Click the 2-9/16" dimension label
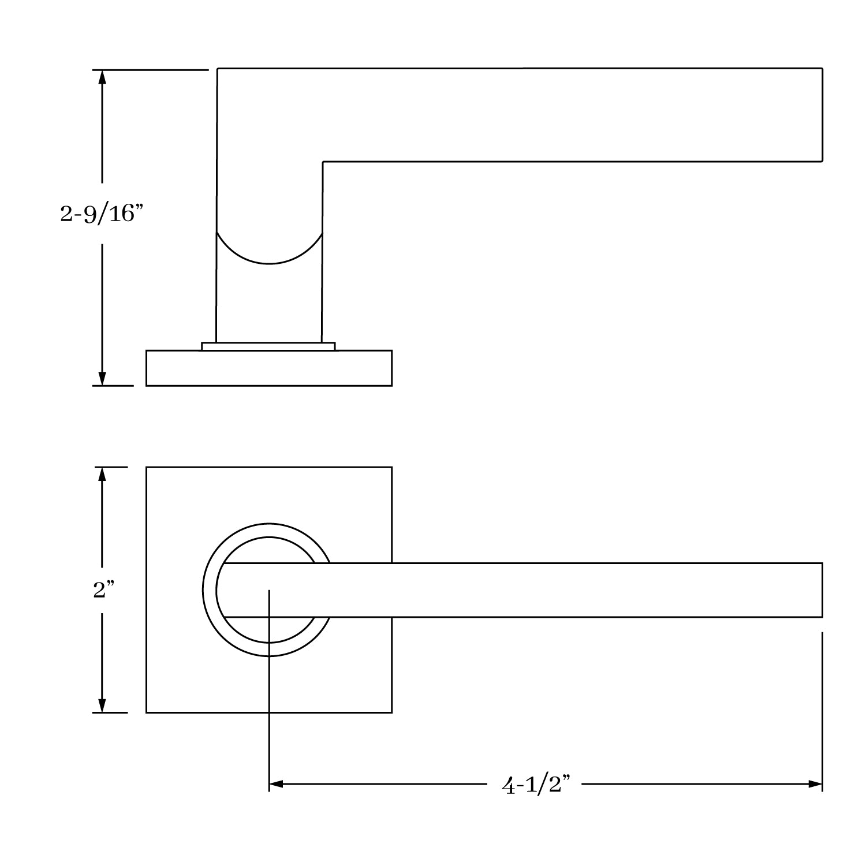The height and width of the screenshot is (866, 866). (101, 214)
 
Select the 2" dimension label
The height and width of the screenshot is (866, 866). (104, 590)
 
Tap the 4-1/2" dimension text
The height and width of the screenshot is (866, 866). (536, 785)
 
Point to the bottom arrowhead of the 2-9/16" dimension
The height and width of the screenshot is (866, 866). (102, 378)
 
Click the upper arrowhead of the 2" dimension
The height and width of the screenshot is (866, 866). (102, 474)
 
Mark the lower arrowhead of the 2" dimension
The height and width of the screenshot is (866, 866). (102, 705)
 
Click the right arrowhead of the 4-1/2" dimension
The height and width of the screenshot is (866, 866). (815, 784)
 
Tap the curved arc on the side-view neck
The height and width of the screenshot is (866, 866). (269, 263)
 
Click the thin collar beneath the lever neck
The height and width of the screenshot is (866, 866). (268, 346)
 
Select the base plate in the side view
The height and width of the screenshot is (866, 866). (269, 368)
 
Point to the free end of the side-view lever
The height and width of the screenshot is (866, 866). (822, 115)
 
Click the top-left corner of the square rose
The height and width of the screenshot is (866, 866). (147, 468)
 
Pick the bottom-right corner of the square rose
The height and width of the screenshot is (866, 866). (391, 712)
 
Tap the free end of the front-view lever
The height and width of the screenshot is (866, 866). (822, 590)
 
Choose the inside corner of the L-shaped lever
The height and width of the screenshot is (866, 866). (323, 162)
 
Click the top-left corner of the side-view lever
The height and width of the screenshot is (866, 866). (218, 69)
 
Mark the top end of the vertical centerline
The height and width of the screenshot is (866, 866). (269, 591)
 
